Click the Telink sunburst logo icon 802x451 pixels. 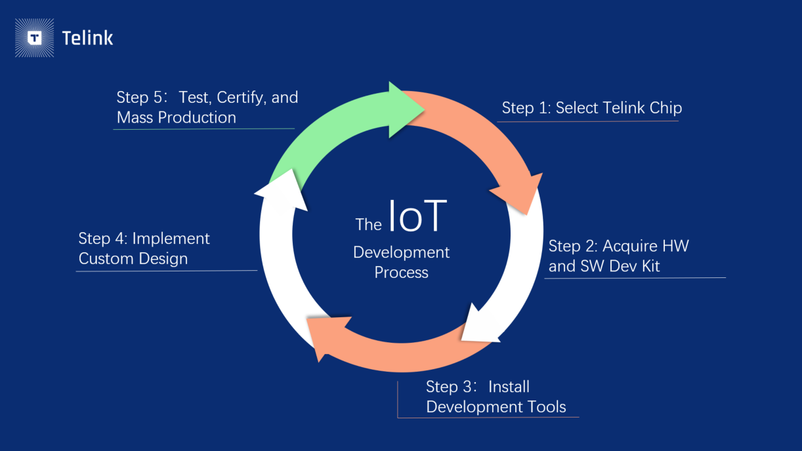(35, 38)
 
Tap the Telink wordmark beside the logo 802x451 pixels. (87, 38)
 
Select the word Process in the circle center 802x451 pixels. (401, 273)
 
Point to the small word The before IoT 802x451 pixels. (368, 225)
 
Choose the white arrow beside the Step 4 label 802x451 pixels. (276, 262)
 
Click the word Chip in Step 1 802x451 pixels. (665, 108)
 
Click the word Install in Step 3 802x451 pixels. (509, 387)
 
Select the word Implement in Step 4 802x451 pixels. (171, 239)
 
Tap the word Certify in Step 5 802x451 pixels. (241, 98)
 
